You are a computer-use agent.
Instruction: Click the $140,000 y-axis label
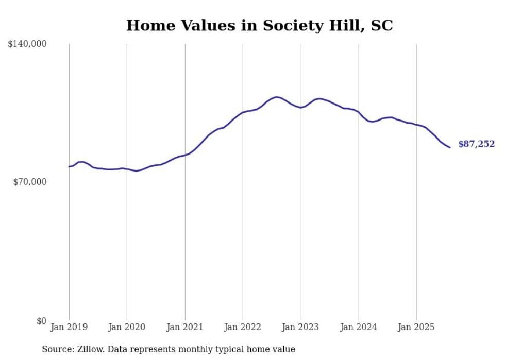coord(27,44)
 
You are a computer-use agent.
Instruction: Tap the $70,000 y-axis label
coord(29,182)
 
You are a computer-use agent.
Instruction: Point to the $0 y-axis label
coord(41,321)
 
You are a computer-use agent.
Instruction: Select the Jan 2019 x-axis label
coord(69,327)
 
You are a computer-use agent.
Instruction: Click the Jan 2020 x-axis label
coord(127,327)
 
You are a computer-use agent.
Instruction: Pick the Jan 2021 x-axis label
coord(185,327)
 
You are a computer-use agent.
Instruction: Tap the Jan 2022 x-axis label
coord(243,327)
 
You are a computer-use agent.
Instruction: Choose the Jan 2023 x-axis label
coord(301,327)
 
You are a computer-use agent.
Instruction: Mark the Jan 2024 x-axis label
coord(359,327)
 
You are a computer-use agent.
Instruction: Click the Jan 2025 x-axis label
coord(416,327)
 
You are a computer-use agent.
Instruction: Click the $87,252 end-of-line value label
coord(476,144)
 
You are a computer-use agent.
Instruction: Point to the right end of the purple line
coord(450,148)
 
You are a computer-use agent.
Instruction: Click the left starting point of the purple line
coord(69,166)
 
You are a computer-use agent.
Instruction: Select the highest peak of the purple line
coord(277,97)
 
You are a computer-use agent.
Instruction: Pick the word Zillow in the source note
coord(90,349)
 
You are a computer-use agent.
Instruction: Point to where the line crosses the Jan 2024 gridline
coord(359,112)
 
